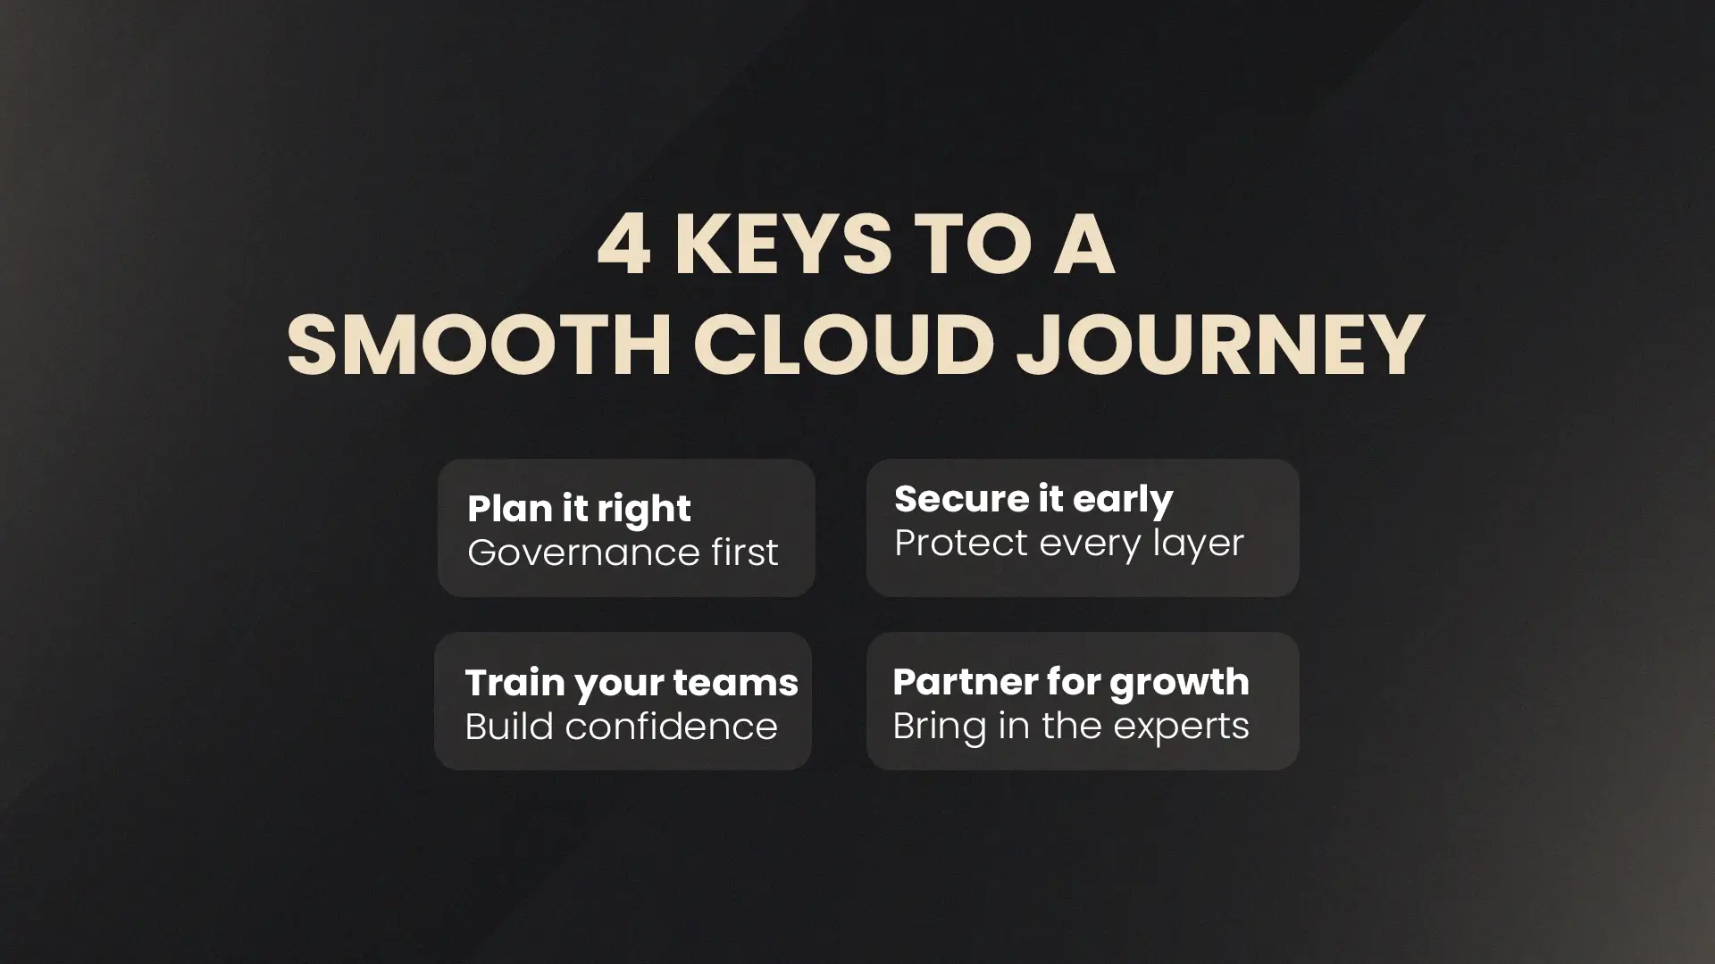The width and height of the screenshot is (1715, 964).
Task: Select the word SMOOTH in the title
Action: coord(479,345)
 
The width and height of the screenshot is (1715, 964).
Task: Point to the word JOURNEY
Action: coord(1220,345)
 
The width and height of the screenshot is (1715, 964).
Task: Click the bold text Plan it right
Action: coord(579,510)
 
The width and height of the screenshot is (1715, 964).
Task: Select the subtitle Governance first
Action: coord(623,553)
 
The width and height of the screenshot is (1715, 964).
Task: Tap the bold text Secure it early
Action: coord(1033,500)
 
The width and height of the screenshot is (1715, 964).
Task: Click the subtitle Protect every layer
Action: coord(1069,544)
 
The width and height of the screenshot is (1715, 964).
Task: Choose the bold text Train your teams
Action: coord(632,684)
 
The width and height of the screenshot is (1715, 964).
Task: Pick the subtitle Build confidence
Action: coord(621,727)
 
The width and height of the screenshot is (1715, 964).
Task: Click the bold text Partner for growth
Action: coord(1071,683)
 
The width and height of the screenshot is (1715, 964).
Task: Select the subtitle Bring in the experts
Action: coord(1071,727)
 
